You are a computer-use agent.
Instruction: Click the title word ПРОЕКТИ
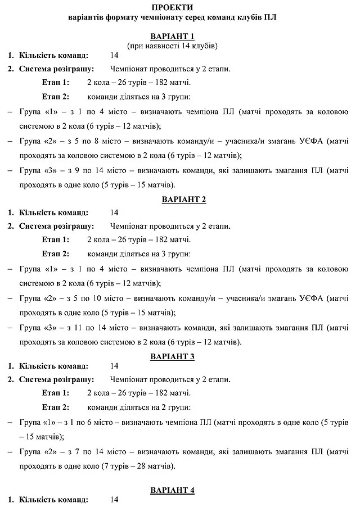(179, 7)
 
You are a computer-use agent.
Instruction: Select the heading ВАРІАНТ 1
(179, 36)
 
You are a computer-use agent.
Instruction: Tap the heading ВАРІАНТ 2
(179, 200)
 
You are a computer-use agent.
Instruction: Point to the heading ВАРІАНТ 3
(179, 356)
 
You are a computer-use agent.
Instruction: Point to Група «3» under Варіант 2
(36, 327)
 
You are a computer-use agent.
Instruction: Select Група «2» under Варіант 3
(36, 451)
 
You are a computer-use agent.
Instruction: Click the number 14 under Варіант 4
(115, 499)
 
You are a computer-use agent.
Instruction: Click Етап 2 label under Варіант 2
(55, 253)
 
